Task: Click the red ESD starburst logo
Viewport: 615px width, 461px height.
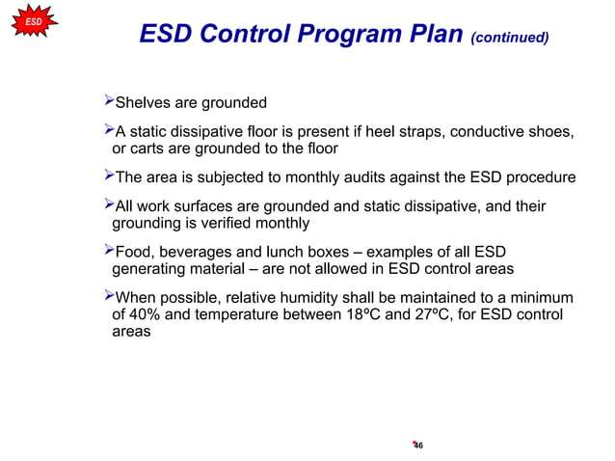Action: point(33,20)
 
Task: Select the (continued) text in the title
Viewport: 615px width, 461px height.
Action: point(510,38)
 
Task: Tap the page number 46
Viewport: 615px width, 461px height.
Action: point(417,445)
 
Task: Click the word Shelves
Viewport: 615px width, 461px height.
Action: point(144,103)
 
